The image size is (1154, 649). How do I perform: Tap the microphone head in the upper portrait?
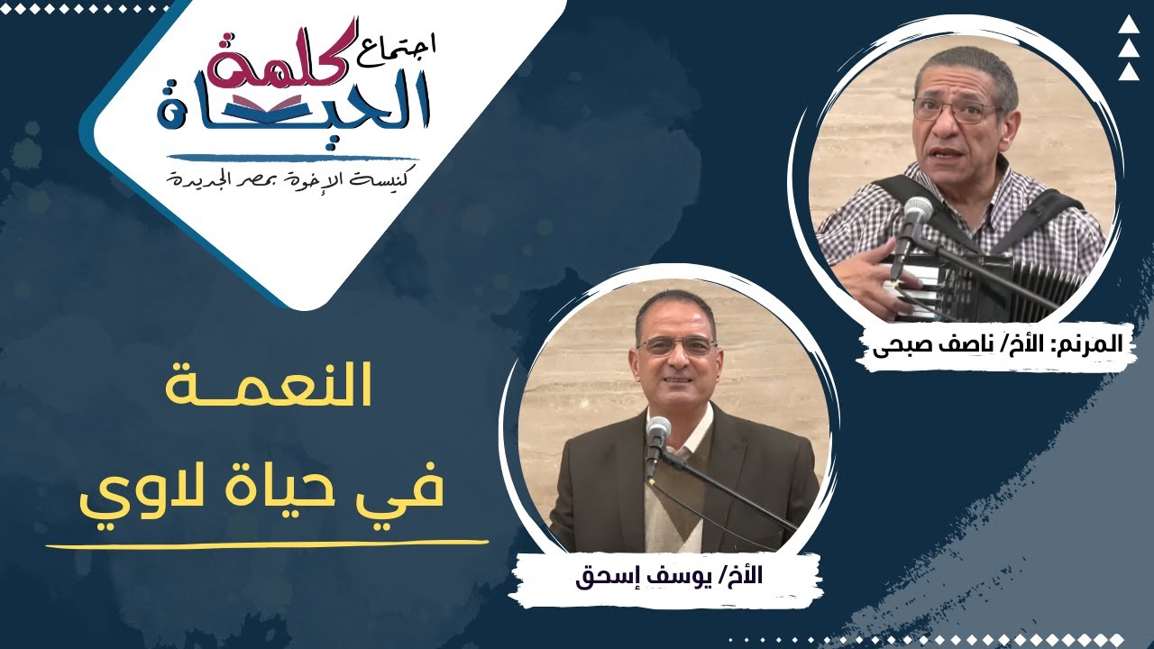[x=918, y=214]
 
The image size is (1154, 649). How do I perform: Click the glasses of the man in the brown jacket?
[x=676, y=346]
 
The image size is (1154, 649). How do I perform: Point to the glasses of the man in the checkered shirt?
[x=957, y=110]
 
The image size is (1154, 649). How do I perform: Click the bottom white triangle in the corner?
[x=1129, y=71]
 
